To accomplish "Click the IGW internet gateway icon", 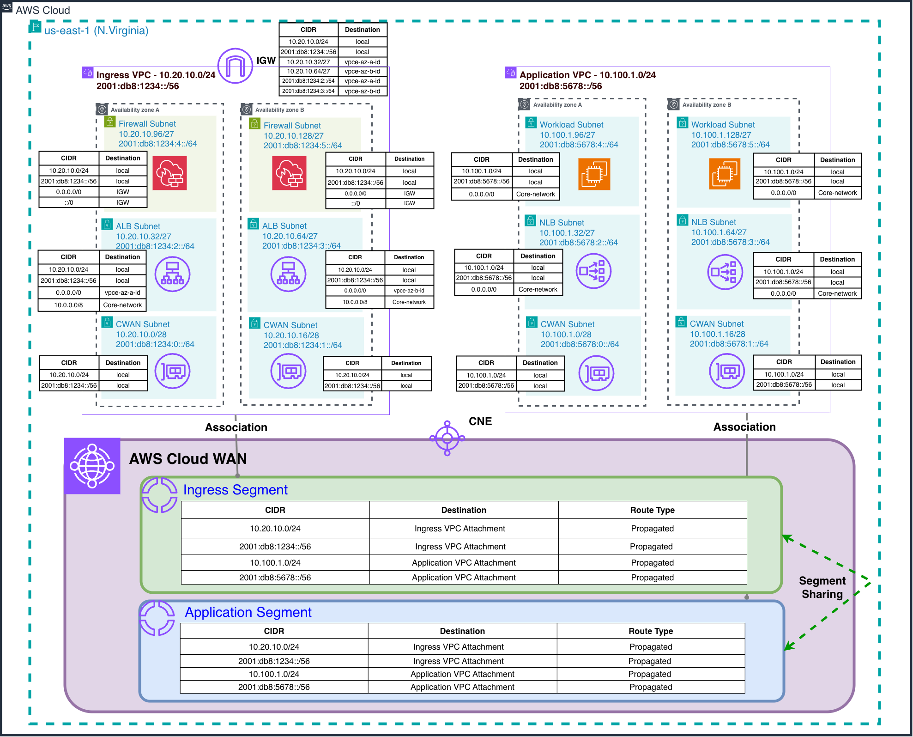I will pos(235,66).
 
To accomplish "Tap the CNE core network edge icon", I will pos(447,438).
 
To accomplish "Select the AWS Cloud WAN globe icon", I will pos(92,466).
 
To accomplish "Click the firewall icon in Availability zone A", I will pos(170,173).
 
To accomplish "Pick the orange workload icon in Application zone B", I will pos(725,174).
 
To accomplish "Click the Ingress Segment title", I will pos(235,490).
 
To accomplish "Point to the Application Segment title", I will pos(248,612).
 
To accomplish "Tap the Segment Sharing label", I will pos(822,587).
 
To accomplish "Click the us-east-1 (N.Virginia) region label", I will pos(96,30).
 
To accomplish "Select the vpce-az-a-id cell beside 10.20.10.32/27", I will pos(362,62).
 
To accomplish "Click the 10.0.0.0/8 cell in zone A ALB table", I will pos(68,305).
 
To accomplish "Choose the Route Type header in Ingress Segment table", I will pos(652,510).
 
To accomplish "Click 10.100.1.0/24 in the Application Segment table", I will pos(274,674).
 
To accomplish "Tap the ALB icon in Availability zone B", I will pos(288,274).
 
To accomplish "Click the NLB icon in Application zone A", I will pos(593,271).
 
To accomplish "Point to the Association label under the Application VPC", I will pos(744,427).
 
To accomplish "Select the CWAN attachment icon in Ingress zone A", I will pos(173,371).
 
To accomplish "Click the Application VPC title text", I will pos(587,75).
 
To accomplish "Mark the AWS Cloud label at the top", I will pos(43,10).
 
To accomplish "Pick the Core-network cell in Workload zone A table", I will pos(535,194).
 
